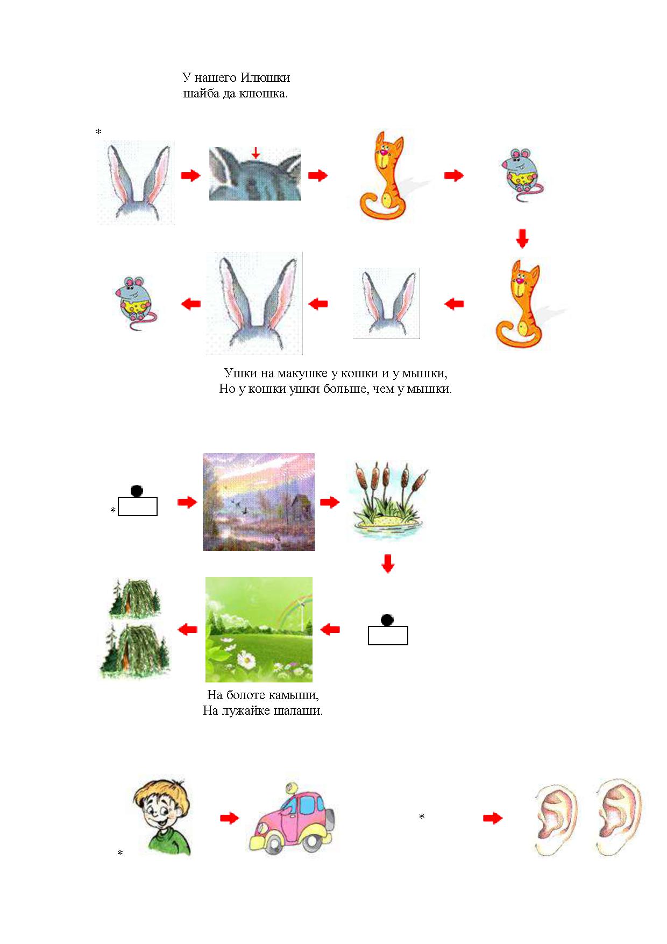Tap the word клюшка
point(266,93)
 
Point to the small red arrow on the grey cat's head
point(256,152)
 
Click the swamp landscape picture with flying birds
point(259,502)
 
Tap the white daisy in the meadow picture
point(247,658)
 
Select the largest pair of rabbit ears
point(254,303)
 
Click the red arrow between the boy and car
point(229,818)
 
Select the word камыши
point(294,695)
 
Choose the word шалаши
point(299,710)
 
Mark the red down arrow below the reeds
point(388,564)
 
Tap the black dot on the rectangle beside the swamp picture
point(137,491)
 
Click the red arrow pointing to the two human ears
point(493,818)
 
